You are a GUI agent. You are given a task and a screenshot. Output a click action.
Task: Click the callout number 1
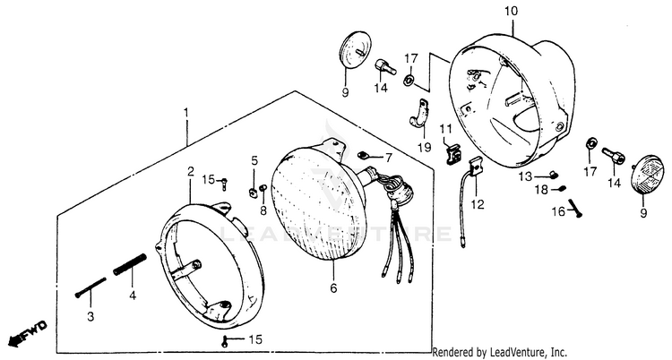[185, 114]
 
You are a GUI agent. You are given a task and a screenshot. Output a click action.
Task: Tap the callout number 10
[512, 11]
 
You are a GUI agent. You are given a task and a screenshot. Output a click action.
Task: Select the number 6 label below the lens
[334, 289]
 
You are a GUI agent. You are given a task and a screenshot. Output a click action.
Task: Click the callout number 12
[477, 204]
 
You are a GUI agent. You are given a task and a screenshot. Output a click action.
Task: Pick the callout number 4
[132, 295]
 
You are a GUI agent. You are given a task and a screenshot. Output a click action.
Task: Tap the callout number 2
[191, 170]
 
